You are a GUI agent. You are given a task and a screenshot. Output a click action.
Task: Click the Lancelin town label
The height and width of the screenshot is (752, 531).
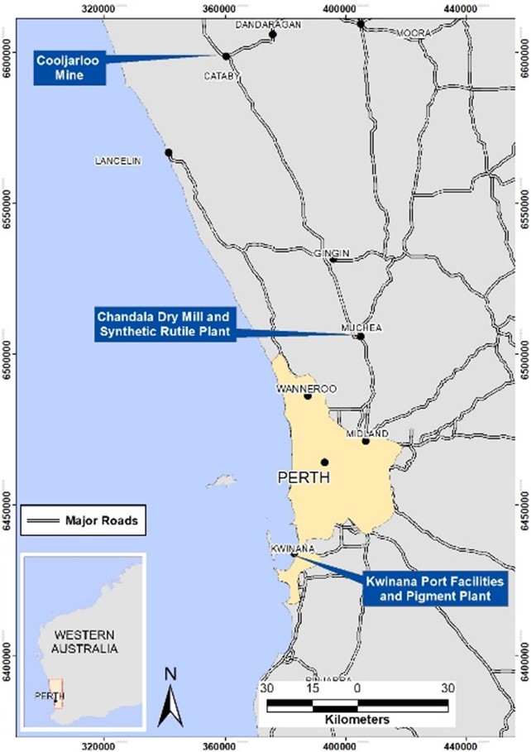click(x=116, y=161)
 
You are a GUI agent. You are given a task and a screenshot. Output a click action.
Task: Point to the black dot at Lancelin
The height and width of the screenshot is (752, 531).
click(x=169, y=153)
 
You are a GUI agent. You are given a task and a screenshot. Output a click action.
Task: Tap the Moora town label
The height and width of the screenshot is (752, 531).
click(x=414, y=32)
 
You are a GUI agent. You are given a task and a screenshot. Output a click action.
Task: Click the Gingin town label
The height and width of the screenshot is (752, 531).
click(x=332, y=253)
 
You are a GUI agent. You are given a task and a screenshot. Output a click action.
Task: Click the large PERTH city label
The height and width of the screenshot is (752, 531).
click(x=304, y=477)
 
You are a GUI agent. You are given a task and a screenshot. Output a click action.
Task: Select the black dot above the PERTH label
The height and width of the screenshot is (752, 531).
click(x=325, y=462)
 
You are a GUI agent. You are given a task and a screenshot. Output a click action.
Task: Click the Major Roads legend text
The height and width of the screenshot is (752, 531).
click(x=101, y=521)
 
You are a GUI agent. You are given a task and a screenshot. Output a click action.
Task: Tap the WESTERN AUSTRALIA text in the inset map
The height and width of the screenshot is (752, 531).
click(x=84, y=642)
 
